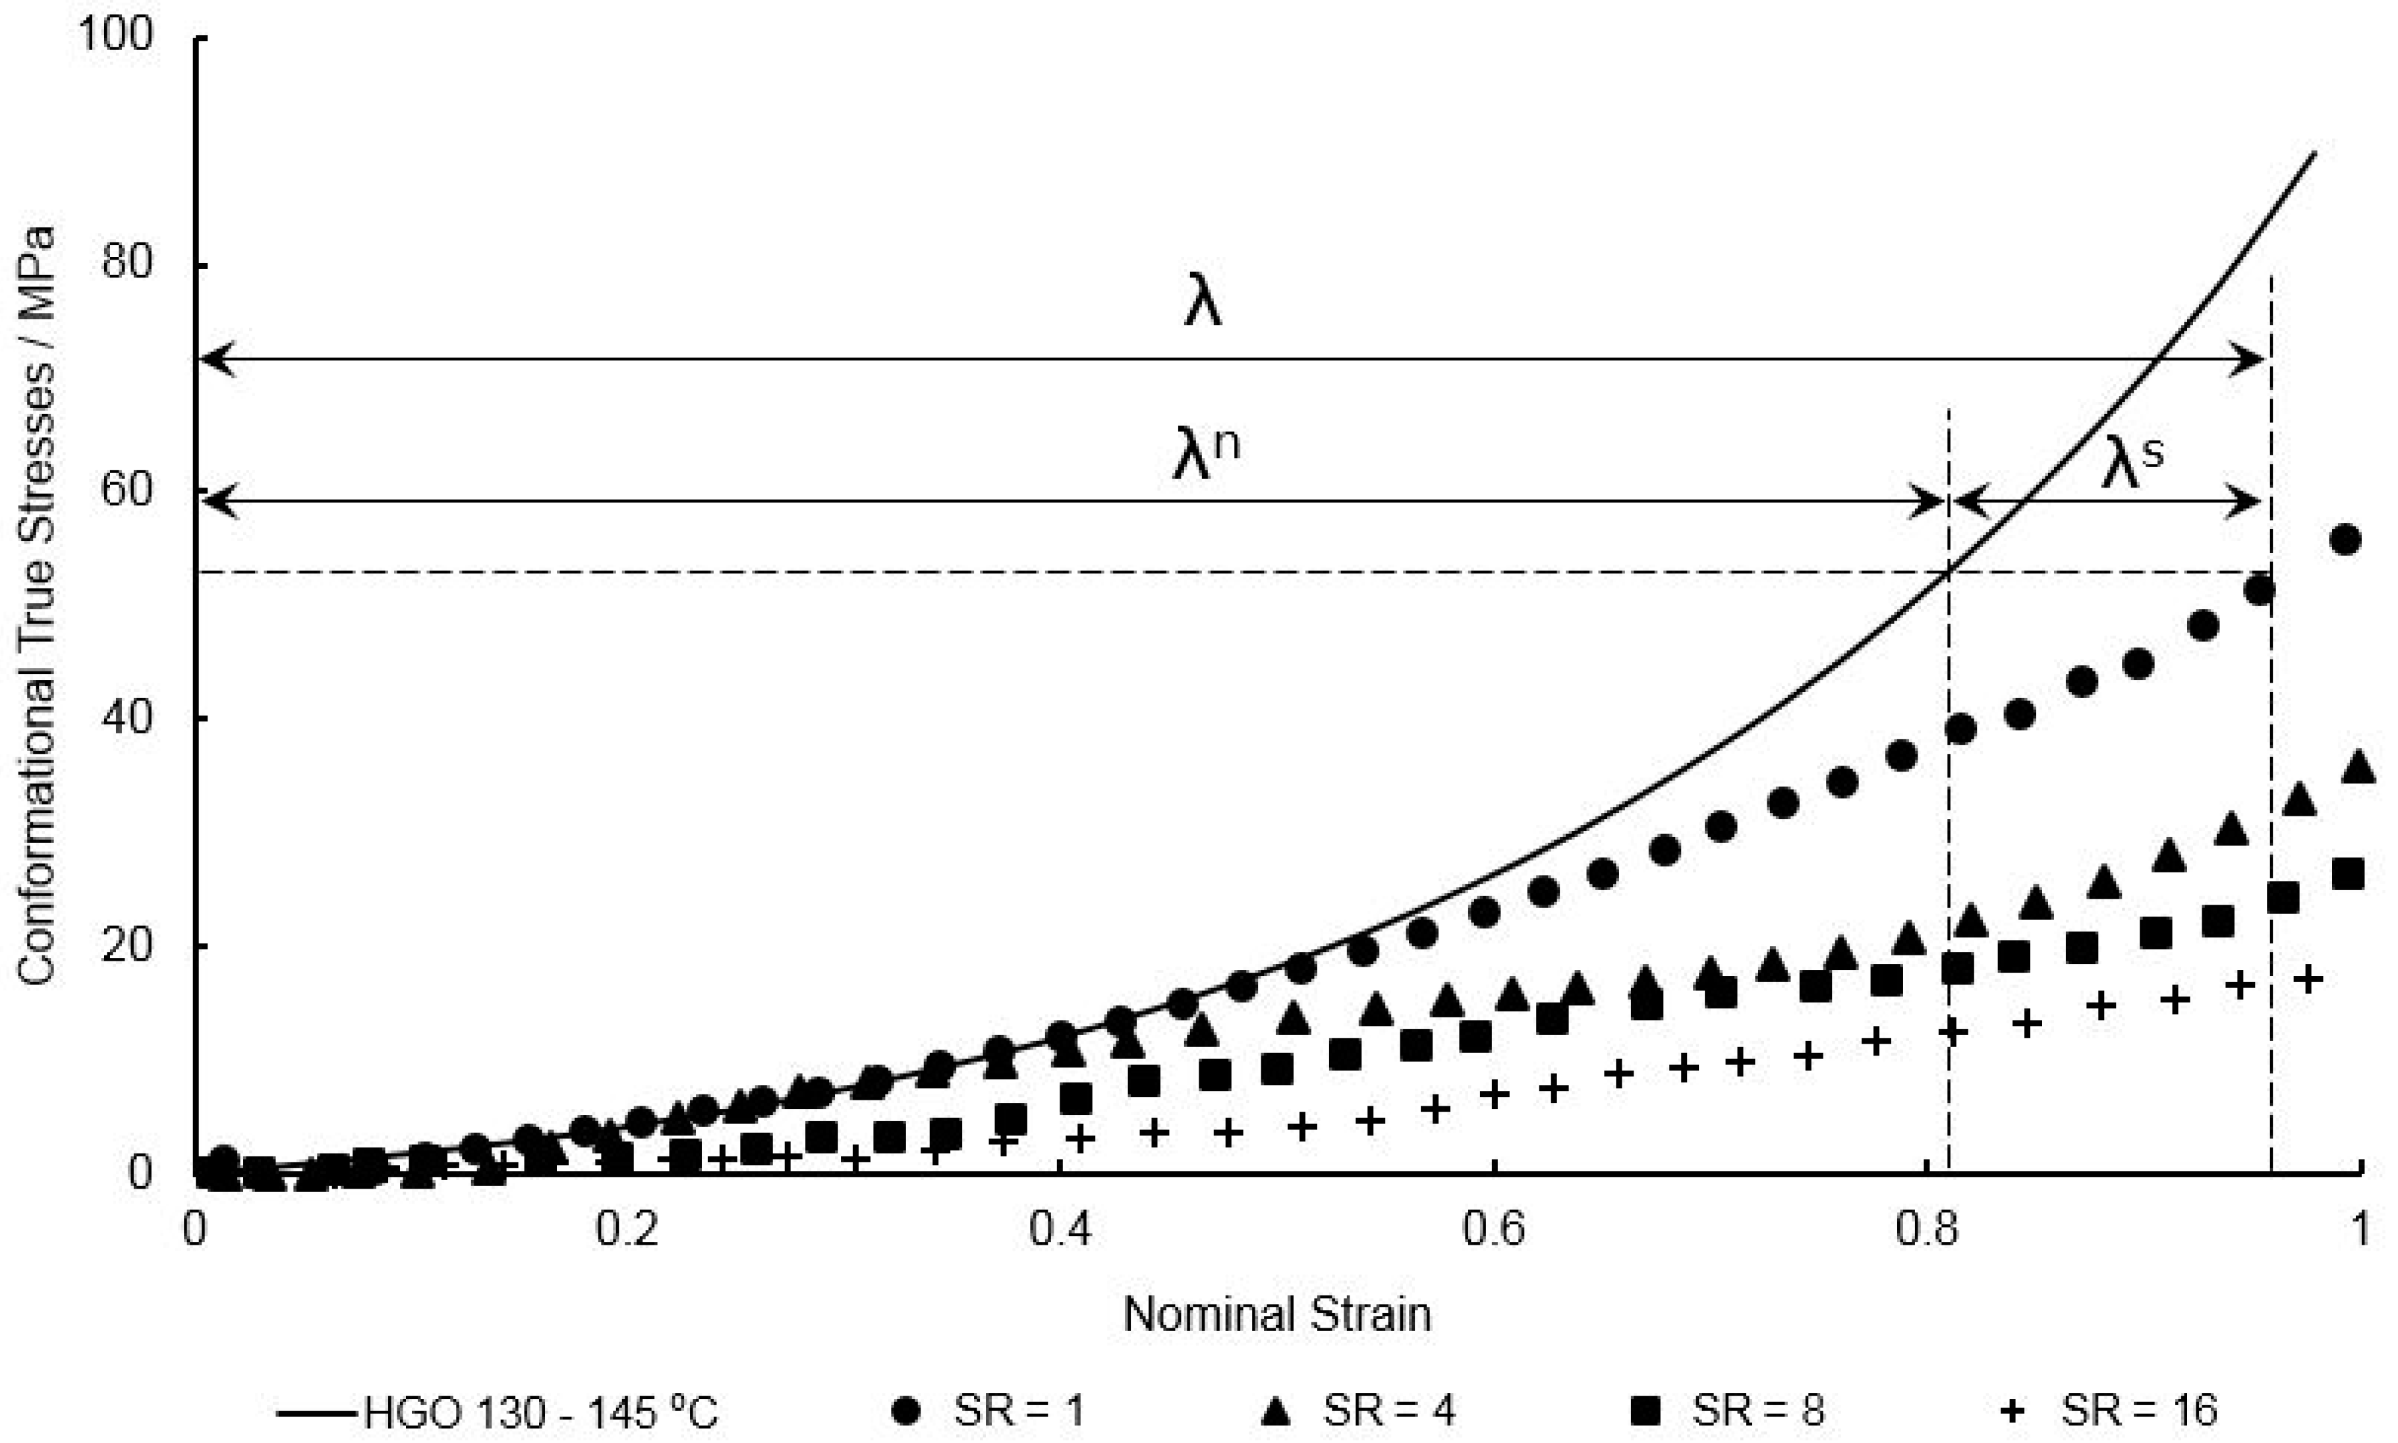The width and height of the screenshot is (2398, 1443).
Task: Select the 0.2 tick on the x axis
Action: (627, 1231)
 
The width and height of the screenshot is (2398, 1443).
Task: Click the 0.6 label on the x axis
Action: (1495, 1231)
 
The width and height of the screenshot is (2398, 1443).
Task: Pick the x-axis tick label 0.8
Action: (1928, 1231)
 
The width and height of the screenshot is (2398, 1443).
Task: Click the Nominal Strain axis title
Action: (1277, 1315)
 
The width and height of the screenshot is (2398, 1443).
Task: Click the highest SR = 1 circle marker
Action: (2345, 540)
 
